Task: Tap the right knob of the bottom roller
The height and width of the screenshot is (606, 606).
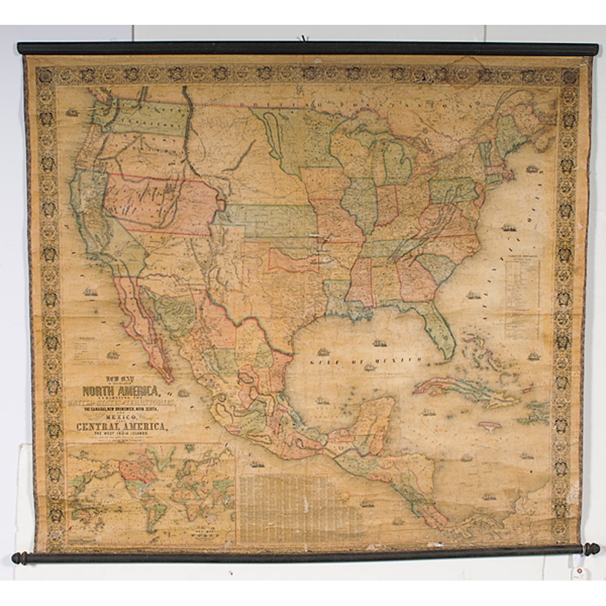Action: (591, 548)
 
